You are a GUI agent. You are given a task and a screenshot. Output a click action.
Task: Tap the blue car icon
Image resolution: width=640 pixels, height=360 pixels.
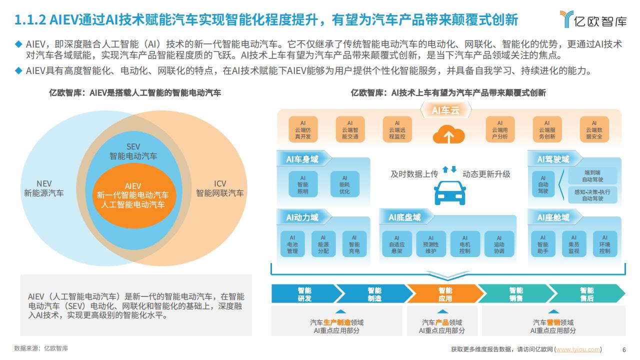pyautogui.click(x=449, y=193)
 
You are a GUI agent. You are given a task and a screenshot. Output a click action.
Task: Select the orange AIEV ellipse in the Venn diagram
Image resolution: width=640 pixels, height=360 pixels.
pyautogui.click(x=133, y=195)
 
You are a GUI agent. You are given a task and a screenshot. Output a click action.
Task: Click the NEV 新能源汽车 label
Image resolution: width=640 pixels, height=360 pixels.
pyautogui.click(x=44, y=188)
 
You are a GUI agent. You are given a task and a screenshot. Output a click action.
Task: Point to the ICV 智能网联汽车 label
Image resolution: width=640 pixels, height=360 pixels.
pyautogui.click(x=219, y=188)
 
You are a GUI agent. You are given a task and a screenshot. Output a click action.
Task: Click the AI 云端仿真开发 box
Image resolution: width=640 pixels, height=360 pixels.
pyautogui.click(x=303, y=129)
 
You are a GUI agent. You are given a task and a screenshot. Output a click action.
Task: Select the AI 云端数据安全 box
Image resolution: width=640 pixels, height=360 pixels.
pyautogui.click(x=594, y=129)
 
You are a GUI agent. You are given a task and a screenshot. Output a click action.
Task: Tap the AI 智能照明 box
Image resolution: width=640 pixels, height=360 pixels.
pyautogui.click(x=303, y=184)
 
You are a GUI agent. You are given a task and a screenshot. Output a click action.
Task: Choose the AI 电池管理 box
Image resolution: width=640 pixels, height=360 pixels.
pyautogui.click(x=292, y=244)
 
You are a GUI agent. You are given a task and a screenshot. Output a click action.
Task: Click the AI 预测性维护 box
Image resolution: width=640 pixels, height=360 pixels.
pyautogui.click(x=431, y=244)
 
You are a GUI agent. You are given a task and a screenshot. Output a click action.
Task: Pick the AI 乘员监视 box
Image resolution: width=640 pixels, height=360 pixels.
pyautogui.click(x=573, y=244)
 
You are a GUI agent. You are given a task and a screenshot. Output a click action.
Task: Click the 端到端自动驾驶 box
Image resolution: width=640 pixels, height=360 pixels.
pyautogui.click(x=592, y=176)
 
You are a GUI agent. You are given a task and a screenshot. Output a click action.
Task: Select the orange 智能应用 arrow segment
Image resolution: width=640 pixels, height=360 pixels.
pyautogui.click(x=445, y=293)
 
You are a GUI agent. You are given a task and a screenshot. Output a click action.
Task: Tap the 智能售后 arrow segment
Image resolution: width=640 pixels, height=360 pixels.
pyautogui.click(x=587, y=293)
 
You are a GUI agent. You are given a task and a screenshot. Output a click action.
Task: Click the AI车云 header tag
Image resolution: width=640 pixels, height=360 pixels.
pyautogui.click(x=445, y=110)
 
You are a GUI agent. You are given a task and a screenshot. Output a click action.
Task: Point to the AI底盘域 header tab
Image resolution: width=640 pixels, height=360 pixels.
pyautogui.click(x=405, y=217)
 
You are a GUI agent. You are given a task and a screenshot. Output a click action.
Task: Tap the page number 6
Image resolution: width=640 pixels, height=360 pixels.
pyautogui.click(x=624, y=349)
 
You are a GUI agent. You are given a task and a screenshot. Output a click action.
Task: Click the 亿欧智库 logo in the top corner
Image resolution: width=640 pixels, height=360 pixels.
pyautogui.click(x=593, y=19)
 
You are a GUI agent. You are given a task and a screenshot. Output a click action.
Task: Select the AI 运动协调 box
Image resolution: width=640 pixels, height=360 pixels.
pyautogui.click(x=499, y=244)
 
